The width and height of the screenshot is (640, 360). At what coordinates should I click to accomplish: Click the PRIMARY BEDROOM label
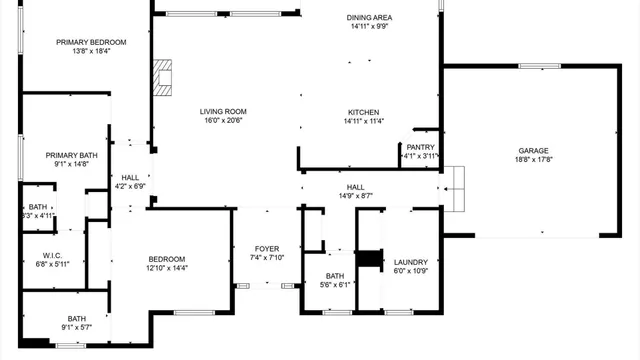coord(91,42)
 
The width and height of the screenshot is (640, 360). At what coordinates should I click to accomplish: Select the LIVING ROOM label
coord(223,111)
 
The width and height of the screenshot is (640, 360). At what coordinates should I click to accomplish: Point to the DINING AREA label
coord(369,17)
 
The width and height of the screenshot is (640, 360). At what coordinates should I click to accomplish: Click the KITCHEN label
coord(362,111)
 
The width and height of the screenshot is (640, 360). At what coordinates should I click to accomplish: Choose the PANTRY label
coord(420,147)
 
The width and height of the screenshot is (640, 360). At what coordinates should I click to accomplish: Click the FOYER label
coord(266,249)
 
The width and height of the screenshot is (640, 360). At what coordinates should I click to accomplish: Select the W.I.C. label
coord(54,255)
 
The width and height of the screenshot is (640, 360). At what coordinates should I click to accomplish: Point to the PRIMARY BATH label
coord(71,155)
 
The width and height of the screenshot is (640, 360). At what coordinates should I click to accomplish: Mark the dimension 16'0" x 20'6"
coord(223,121)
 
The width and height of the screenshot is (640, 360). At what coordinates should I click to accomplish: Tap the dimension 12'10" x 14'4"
coord(168,267)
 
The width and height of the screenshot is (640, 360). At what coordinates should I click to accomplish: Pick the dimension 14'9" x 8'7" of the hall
coord(356,196)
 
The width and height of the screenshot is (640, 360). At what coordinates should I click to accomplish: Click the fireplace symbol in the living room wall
coord(163,75)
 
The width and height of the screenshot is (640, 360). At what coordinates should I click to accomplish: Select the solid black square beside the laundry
coord(370,259)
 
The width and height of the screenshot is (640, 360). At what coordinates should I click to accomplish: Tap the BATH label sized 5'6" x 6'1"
coord(334,276)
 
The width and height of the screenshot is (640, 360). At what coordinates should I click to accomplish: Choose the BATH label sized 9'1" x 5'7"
coord(77,318)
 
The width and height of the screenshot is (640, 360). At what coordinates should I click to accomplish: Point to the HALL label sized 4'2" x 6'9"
coord(131,177)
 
